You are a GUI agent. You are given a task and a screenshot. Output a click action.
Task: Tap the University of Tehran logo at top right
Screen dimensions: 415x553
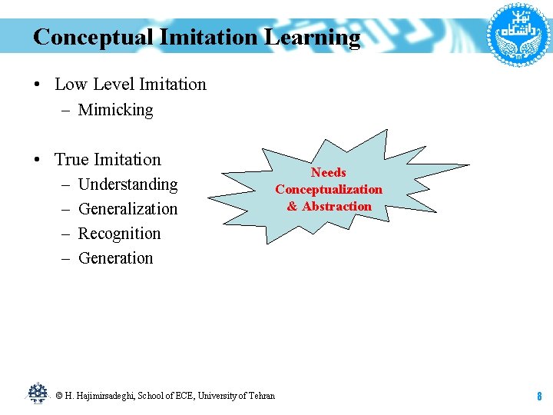(519, 32)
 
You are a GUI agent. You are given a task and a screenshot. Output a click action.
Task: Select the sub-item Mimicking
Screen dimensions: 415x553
(115, 110)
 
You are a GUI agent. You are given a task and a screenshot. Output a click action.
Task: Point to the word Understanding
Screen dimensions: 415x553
(127, 184)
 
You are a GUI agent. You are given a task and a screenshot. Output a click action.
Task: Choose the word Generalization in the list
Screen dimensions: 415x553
(127, 209)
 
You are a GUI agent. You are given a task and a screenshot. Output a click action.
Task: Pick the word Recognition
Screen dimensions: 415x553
(119, 234)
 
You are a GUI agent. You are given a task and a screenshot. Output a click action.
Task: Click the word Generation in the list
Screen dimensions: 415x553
(115, 258)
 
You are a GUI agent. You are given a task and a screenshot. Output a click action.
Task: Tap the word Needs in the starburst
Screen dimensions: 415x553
(329, 172)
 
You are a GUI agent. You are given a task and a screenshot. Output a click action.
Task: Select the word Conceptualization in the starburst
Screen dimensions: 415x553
(329, 189)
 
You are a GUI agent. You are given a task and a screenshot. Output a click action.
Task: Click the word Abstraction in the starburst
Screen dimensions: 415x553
(336, 206)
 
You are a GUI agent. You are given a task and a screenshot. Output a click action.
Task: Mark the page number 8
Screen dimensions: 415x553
(539, 397)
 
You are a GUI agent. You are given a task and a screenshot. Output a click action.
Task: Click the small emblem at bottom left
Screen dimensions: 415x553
(38, 393)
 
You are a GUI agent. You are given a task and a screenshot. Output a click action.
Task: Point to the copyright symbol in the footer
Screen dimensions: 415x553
(58, 396)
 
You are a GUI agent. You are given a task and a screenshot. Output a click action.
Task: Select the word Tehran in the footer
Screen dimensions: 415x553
(261, 396)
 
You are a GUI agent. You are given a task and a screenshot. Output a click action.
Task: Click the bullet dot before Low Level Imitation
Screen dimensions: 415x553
(38, 85)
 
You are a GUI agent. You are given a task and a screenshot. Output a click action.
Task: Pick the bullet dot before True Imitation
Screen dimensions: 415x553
(38, 161)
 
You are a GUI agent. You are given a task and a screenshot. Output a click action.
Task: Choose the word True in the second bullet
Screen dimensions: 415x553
(72, 160)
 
